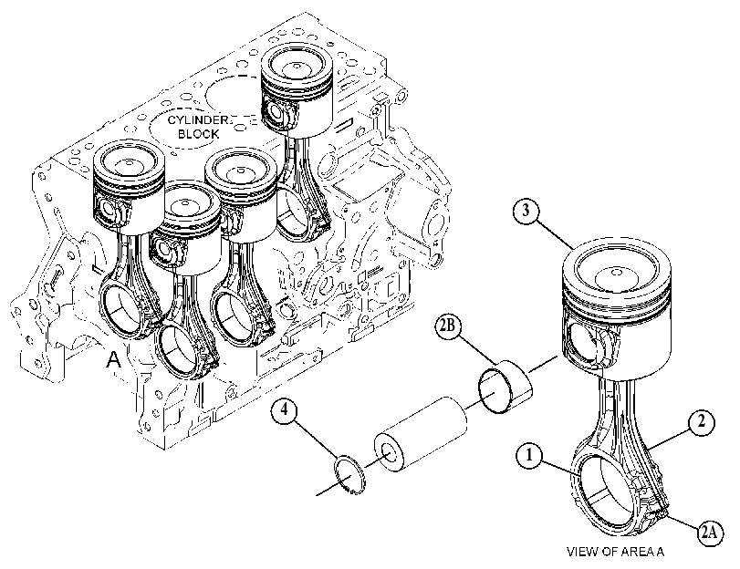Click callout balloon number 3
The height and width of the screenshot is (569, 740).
526,211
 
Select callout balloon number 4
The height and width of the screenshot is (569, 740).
285,411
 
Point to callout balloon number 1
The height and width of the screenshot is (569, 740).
529,456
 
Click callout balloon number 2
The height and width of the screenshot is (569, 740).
702,421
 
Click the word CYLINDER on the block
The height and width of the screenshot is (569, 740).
198,119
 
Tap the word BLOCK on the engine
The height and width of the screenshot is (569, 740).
198,134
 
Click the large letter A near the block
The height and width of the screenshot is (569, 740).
113,360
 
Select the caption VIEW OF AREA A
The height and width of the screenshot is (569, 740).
615,552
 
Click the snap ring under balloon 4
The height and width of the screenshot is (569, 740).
349,474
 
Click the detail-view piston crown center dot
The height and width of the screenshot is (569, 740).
616,273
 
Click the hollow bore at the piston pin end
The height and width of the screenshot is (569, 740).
389,451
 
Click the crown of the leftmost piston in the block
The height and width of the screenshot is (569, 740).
129,163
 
